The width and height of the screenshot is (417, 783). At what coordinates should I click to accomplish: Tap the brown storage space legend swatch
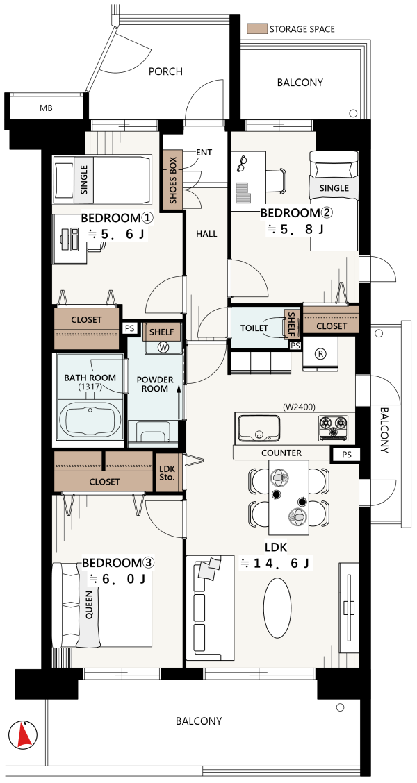[x=257, y=28]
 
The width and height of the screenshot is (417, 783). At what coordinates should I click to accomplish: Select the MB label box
[x=47, y=108]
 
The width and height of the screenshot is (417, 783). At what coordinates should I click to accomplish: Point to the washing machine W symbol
[x=162, y=346]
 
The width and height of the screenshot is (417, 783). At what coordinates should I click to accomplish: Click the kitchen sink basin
[x=259, y=429]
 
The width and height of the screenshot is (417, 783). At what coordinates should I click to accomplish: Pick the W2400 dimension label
[x=299, y=407]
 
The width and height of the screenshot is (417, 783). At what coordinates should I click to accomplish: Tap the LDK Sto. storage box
[x=167, y=473]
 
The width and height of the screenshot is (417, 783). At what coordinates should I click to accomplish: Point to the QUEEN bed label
[x=90, y=607]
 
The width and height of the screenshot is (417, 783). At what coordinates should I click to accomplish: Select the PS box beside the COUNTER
[x=347, y=455]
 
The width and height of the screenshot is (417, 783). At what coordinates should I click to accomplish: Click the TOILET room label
[x=254, y=328]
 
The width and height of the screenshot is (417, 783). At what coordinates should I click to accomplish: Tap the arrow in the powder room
[x=179, y=402]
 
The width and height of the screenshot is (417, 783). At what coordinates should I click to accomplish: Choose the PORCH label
[x=165, y=72]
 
